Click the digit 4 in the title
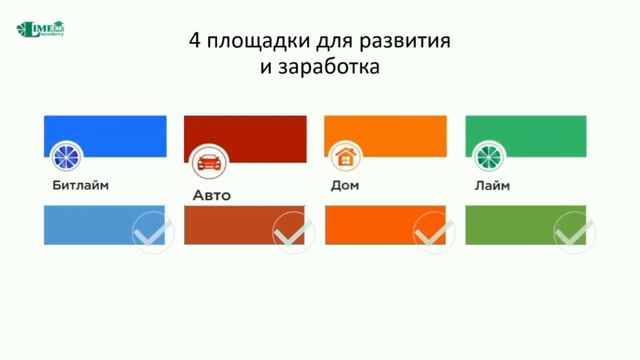pyautogui.click(x=196, y=43)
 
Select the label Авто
pyautogui.click(x=211, y=195)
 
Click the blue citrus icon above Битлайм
pyautogui.click(x=69, y=158)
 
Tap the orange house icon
pyautogui.click(x=346, y=157)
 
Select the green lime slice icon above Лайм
pyautogui.click(x=487, y=158)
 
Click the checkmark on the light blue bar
pyautogui.click(x=152, y=232)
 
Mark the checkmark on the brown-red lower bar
pyautogui.click(x=292, y=232)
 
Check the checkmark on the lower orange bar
pyautogui.click(x=432, y=232)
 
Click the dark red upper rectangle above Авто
pyautogui.click(x=245, y=131)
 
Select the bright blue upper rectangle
pyautogui.click(x=105, y=131)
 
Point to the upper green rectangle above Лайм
pyautogui.click(x=526, y=131)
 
